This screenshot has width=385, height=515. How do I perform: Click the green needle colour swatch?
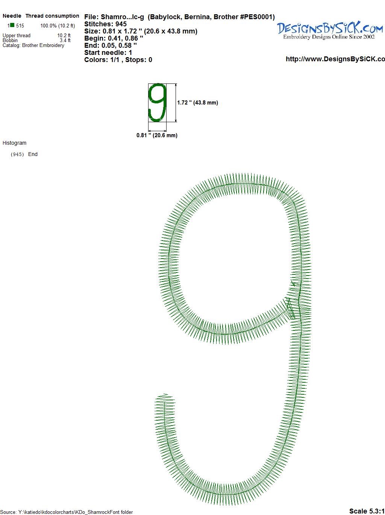12,25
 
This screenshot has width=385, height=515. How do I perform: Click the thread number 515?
20,26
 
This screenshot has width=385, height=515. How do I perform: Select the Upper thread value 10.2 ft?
64,35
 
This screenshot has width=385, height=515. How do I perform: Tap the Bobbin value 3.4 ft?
65,40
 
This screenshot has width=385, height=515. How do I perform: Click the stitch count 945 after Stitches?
121,24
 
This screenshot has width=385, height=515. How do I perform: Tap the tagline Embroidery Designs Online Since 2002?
329,37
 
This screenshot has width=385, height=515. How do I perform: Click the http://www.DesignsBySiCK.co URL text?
335,59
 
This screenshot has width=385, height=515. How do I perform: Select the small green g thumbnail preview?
157,103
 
